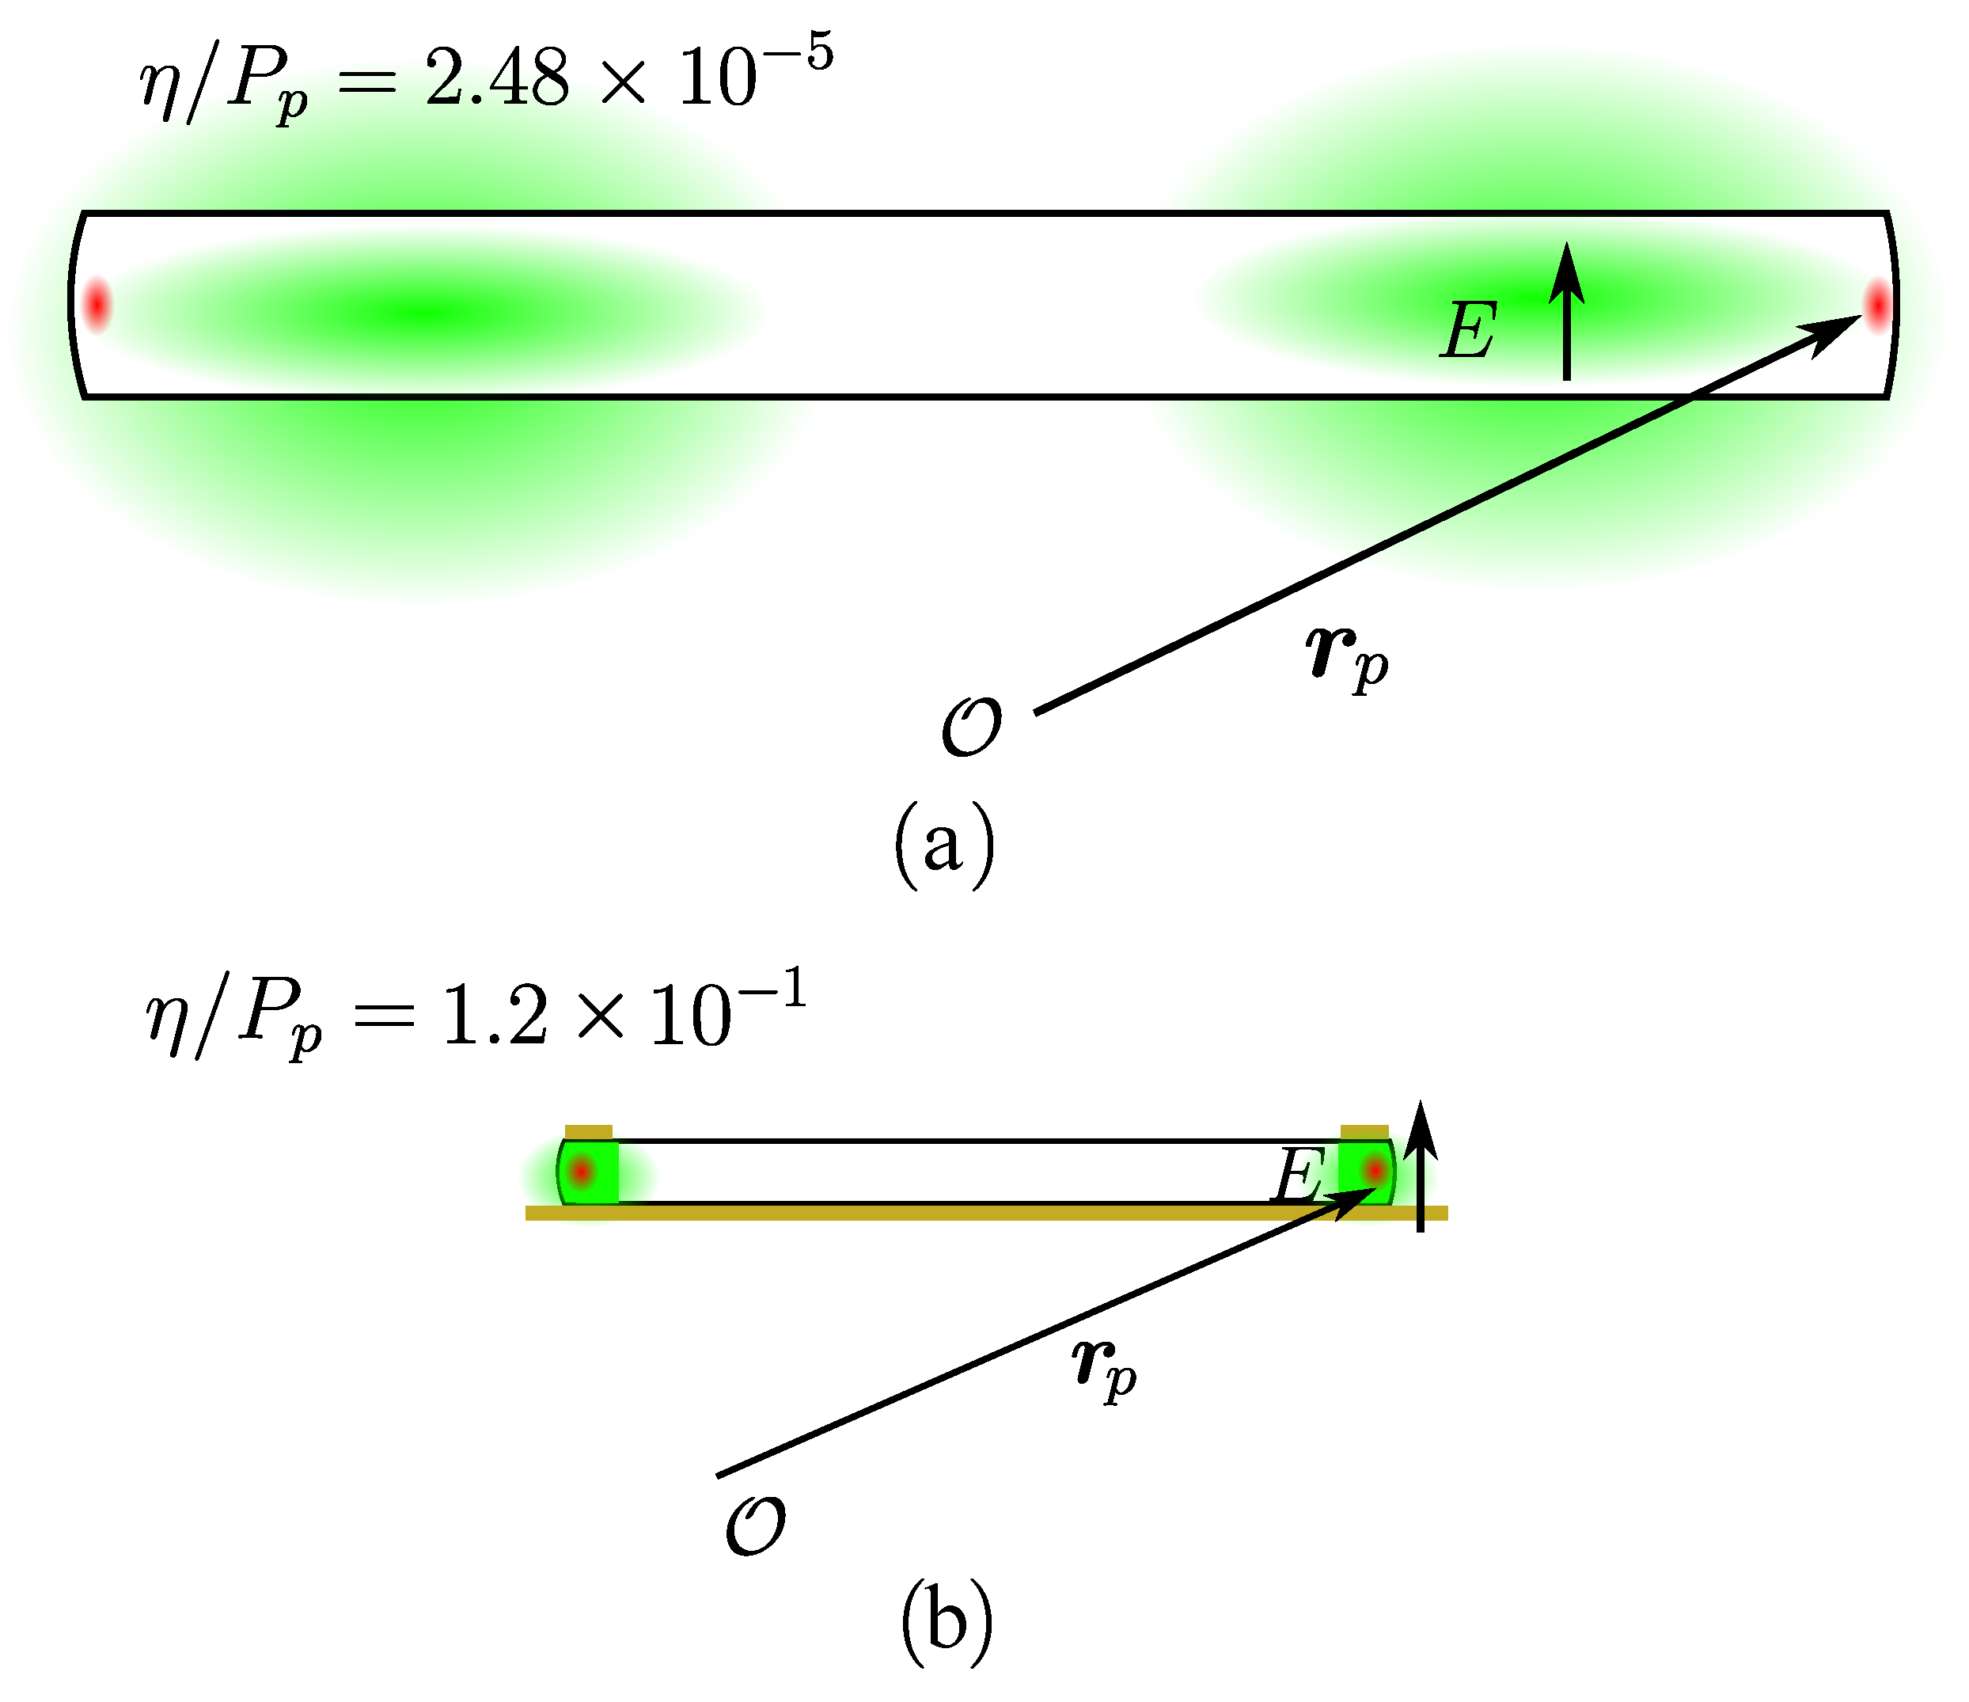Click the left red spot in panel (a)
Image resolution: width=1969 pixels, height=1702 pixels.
(x=96, y=305)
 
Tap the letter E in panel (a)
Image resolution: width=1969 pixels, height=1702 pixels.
(x=1469, y=331)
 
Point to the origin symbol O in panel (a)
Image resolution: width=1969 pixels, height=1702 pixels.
(x=971, y=727)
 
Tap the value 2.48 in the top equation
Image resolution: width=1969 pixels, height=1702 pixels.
(x=497, y=79)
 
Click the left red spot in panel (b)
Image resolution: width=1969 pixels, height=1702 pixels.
(x=582, y=1172)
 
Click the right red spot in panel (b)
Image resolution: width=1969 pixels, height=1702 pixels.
(x=1374, y=1171)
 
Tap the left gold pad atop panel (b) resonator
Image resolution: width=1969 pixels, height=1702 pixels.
(x=588, y=1131)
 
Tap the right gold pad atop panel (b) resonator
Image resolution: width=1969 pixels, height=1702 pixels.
(x=1364, y=1131)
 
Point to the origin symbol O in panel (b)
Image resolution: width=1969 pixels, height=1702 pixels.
(x=756, y=1526)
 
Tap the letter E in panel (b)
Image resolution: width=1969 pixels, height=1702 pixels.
(x=1297, y=1176)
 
